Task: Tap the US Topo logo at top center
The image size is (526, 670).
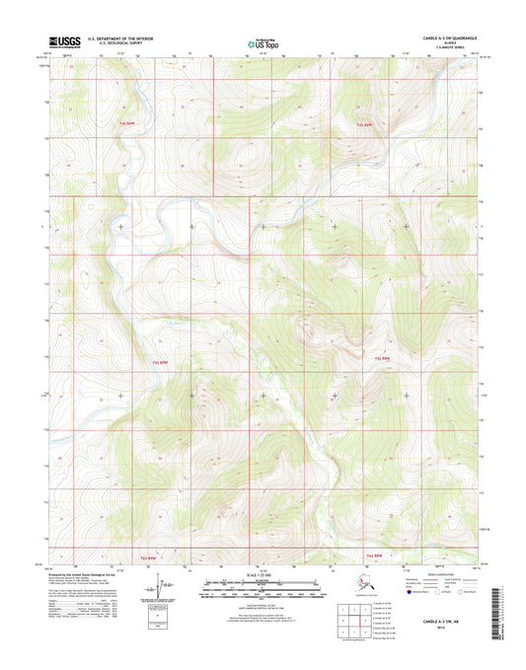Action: coord(262,42)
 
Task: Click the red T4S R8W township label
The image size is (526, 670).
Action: coord(365,125)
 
